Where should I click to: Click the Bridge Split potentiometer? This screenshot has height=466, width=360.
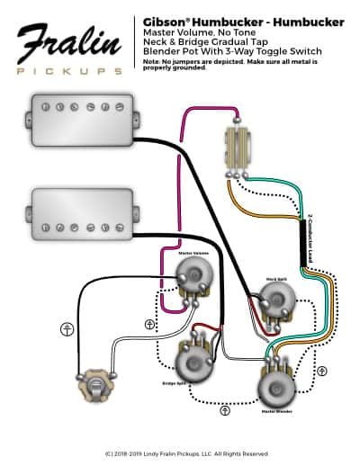tap(193, 364)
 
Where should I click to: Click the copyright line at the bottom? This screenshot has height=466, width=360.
tap(181, 453)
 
